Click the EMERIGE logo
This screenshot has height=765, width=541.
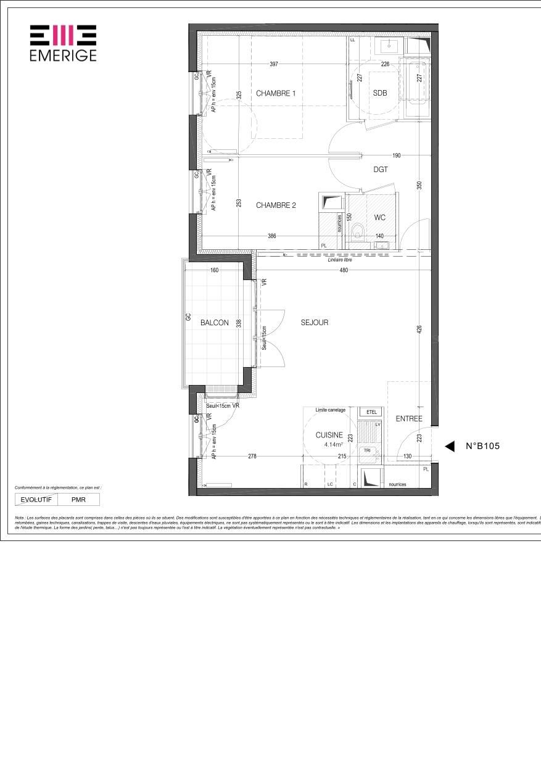click(63, 43)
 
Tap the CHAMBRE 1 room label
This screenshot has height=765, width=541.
click(276, 94)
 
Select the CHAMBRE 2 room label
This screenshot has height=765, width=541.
click(276, 205)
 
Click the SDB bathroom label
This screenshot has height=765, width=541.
click(380, 93)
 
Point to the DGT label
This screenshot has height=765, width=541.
click(381, 170)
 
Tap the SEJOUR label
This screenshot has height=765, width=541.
click(315, 323)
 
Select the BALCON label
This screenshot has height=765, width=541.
click(214, 323)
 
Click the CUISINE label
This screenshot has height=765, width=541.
click(329, 435)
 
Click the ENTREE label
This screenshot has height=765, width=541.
click(409, 419)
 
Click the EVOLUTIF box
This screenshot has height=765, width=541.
click(36, 499)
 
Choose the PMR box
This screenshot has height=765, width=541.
click(78, 499)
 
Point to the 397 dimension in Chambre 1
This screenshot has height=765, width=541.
click(275, 64)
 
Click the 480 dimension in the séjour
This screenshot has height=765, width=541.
click(344, 270)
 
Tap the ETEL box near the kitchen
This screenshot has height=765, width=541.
click(371, 411)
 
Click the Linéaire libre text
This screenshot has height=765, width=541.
click(340, 260)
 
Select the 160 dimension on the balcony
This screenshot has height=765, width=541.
click(215, 270)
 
